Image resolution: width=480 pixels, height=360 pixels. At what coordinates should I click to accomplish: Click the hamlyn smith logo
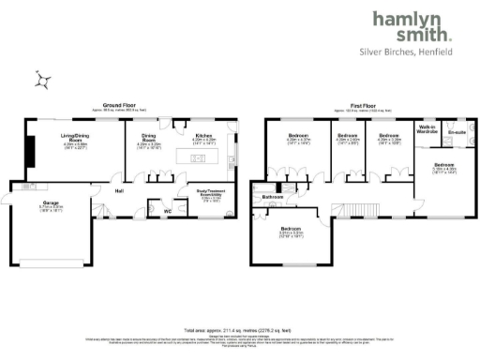click(412, 26)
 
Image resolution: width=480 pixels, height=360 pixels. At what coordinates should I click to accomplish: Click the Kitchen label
click(203, 137)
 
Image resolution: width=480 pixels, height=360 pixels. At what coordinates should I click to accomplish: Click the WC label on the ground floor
click(167, 210)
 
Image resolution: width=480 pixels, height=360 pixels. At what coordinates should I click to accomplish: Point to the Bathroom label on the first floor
click(273, 198)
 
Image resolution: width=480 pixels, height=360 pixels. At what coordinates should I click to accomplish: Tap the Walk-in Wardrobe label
click(427, 128)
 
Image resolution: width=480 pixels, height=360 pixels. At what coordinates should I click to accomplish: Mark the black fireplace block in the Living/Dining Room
click(29, 149)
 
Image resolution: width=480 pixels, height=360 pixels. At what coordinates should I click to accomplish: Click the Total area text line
click(239, 331)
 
